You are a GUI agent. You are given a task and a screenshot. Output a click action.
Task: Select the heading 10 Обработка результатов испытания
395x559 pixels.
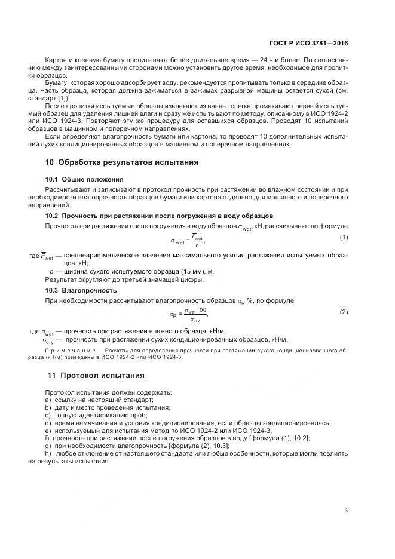coord(122,162)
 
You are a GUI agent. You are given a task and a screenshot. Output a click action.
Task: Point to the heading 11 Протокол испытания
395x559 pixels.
coord(96,376)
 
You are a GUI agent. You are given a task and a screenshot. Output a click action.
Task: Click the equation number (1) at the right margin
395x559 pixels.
coord(344,238)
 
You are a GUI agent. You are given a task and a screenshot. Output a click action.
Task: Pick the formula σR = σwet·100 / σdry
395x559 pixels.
coord(189,314)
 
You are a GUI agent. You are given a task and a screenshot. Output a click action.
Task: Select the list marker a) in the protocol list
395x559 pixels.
coord(48,400)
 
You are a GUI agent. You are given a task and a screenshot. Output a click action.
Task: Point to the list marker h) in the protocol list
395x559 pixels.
coord(48,453)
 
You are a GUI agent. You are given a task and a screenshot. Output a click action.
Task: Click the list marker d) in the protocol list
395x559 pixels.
coord(48,423)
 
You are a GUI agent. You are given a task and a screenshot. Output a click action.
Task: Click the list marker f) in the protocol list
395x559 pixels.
coord(48,438)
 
